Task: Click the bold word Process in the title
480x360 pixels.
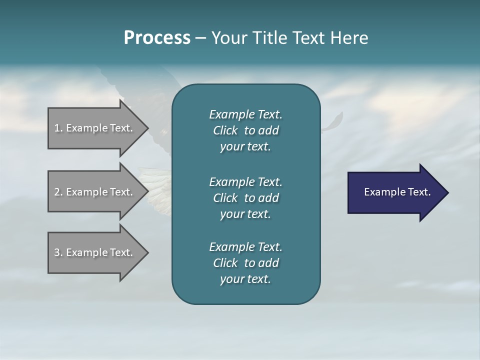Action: coord(157,38)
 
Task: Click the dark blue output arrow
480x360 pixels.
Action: coord(395,192)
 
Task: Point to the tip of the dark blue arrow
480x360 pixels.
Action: coord(447,192)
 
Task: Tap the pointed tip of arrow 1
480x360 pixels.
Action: coord(147,128)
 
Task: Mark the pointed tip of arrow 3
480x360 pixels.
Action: coord(147,252)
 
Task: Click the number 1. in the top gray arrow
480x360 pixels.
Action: coord(58,128)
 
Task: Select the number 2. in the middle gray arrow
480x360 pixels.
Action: coord(58,192)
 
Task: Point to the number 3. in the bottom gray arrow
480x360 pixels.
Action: coord(58,252)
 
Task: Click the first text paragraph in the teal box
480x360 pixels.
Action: coord(245,130)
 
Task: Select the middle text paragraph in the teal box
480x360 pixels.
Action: coord(245,198)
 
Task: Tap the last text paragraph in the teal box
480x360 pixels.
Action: coord(245,263)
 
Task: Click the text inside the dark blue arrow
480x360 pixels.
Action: coord(397,192)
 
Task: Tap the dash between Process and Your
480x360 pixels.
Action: coord(200,38)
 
